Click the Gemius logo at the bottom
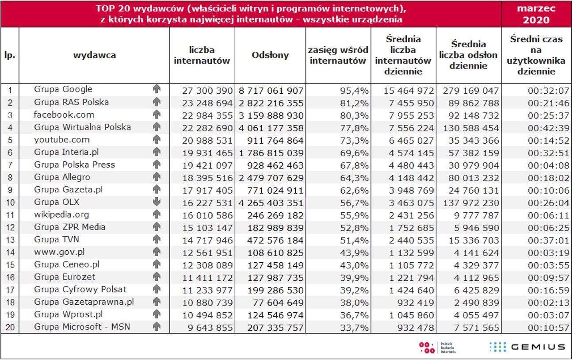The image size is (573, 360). click(527, 347)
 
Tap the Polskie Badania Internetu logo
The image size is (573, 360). click(437, 347)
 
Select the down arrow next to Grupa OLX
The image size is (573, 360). click(156, 202)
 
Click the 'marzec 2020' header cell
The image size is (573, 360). click(536, 14)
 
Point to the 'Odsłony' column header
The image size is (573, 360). click(270, 55)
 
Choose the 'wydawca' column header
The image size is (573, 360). click(95, 55)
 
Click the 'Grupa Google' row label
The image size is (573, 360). click(63, 89)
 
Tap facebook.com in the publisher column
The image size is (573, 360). click(64, 115)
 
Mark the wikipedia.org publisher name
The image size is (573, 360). click(61, 214)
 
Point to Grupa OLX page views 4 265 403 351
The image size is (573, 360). click(271, 203)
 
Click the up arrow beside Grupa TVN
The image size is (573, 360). click(156, 240)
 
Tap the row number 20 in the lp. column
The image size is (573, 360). click(10, 328)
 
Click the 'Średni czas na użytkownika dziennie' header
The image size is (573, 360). click(536, 55)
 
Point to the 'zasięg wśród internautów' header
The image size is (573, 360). click(338, 55)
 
